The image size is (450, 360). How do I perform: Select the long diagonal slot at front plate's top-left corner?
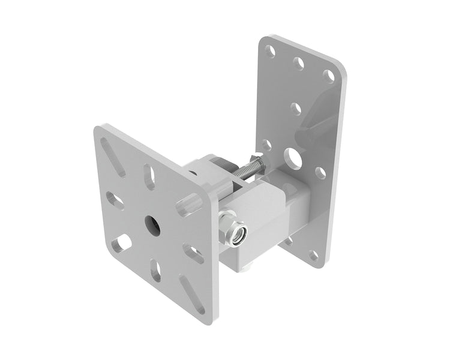coord(113,157)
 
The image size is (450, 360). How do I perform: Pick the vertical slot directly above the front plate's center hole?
coord(151,178)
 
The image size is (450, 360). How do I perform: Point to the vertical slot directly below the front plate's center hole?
coord(156,270)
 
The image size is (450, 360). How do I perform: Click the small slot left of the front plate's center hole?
coord(115,200)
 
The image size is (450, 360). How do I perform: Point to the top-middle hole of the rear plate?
coord(299,62)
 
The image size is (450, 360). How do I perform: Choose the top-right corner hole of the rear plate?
coord(328,76)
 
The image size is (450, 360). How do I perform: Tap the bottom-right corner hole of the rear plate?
coord(314,255)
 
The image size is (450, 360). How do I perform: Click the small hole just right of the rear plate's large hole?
coord(320,173)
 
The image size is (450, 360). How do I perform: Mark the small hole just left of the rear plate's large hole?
coord(266,145)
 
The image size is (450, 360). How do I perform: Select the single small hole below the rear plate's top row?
coord(296,109)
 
